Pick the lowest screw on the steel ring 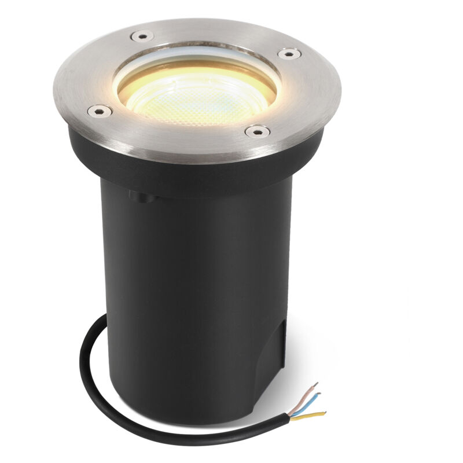point(256,131)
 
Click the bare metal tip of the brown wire point(316,384)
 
